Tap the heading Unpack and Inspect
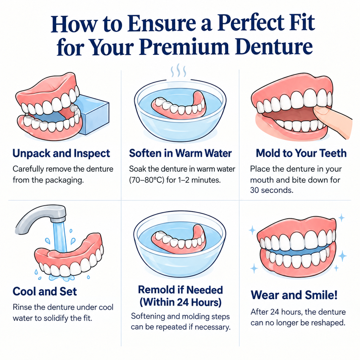click(61, 154)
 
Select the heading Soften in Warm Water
click(180, 153)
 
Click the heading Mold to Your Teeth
click(301, 153)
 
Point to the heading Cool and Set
click(45, 291)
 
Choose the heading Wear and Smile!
click(294, 295)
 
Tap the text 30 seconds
click(272, 190)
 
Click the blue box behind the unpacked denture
click(95, 115)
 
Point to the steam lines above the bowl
click(178, 71)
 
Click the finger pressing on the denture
click(334, 122)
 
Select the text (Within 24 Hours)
click(180, 302)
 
